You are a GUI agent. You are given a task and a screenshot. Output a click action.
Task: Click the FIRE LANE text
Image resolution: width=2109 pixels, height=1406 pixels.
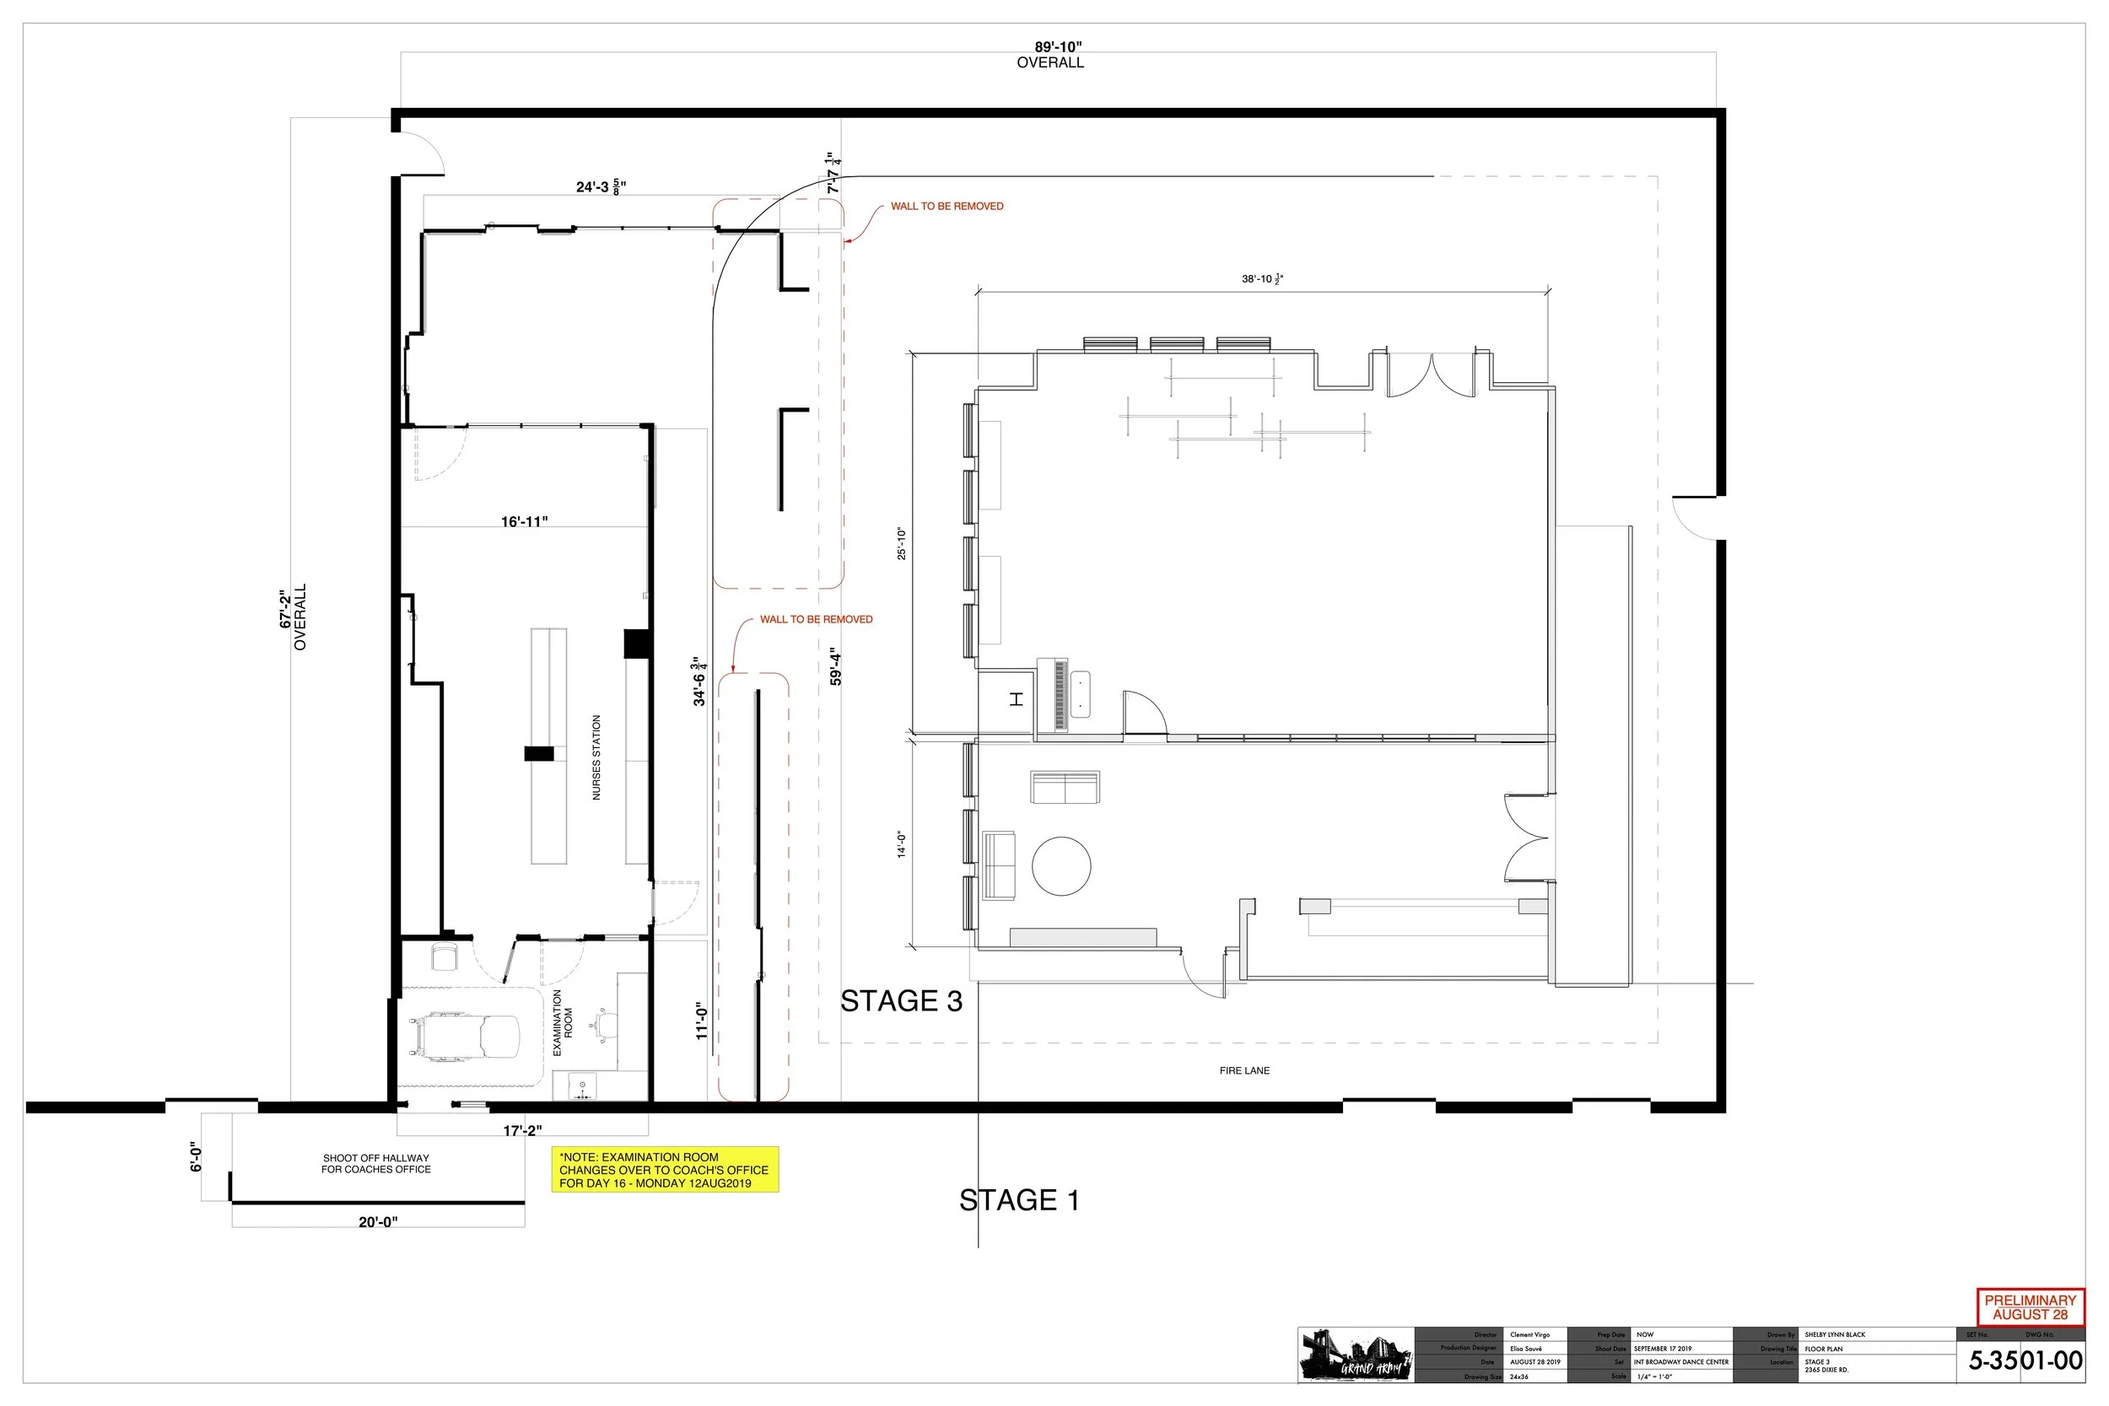(1243, 1070)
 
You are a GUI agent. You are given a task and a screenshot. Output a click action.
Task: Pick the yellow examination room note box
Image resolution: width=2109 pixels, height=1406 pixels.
(664, 1170)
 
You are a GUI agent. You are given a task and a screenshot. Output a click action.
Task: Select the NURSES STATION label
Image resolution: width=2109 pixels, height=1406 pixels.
(596, 757)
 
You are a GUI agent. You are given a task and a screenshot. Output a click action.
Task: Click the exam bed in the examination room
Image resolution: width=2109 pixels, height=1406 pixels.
(466, 1037)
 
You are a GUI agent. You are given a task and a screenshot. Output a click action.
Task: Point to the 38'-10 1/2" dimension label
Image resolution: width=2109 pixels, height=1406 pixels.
(1262, 279)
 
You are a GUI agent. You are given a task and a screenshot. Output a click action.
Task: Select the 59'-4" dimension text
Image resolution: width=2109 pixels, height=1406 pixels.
(836, 666)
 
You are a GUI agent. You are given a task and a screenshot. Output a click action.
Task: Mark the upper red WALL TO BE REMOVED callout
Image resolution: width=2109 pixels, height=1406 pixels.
(946, 207)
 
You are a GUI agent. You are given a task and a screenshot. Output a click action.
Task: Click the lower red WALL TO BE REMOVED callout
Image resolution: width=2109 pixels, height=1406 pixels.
(815, 620)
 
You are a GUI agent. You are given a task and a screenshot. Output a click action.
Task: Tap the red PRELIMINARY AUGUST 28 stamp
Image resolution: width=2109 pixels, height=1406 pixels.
(2030, 1307)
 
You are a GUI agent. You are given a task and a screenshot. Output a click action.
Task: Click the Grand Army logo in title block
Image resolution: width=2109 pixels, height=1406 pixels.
(1355, 1355)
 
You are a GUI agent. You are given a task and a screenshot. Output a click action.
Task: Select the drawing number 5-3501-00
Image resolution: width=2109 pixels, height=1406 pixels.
(2025, 1361)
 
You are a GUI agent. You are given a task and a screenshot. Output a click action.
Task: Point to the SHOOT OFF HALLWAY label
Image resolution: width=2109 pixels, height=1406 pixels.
(375, 1164)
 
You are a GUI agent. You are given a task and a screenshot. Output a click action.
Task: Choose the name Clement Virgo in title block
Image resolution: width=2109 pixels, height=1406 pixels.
(1529, 1335)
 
